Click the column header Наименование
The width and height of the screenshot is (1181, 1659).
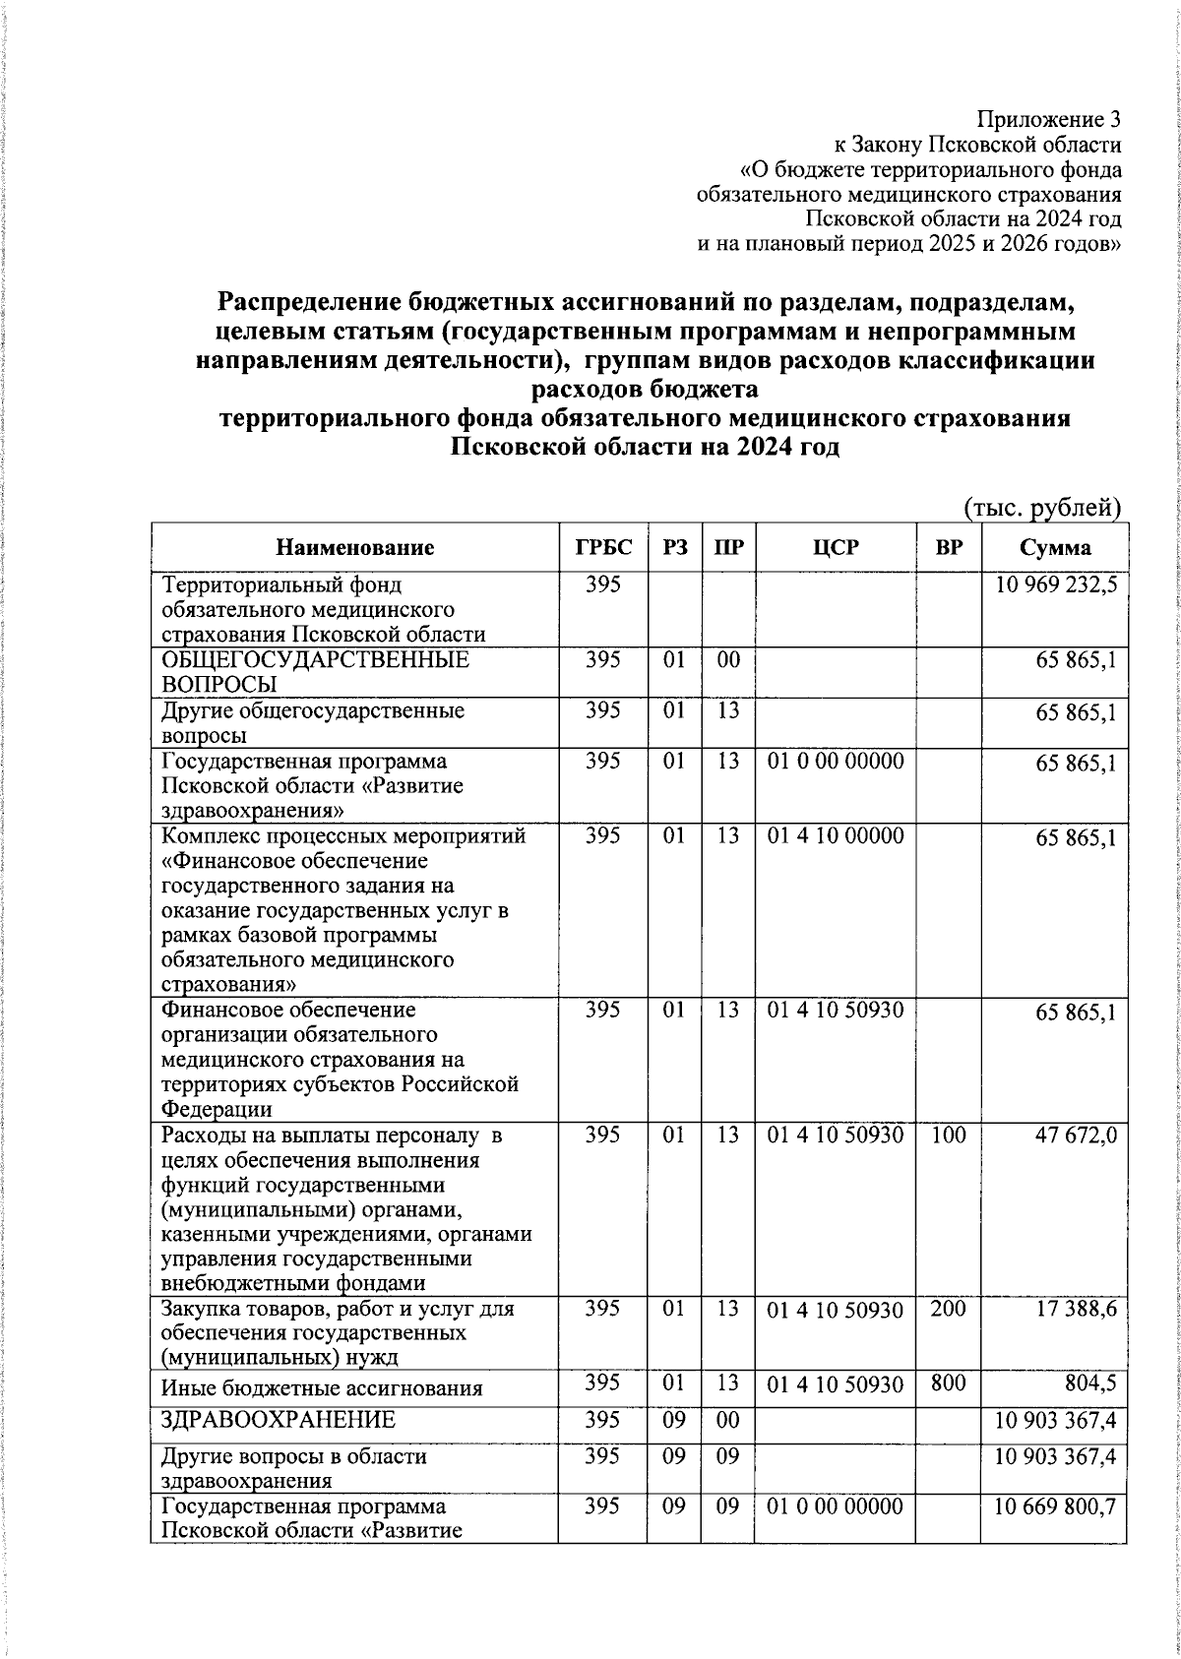(354, 548)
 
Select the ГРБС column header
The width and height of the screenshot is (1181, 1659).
(603, 548)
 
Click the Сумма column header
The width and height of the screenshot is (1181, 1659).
(1054, 548)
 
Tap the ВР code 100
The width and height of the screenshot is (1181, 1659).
(948, 1135)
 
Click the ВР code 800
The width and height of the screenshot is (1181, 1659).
(948, 1383)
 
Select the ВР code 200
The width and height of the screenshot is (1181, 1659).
(948, 1309)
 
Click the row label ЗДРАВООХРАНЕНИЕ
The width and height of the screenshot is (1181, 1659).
(279, 1420)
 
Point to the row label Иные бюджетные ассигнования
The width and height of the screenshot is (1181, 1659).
(322, 1388)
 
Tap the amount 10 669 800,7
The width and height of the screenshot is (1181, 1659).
(1055, 1507)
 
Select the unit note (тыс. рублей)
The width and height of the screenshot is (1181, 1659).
(1042, 507)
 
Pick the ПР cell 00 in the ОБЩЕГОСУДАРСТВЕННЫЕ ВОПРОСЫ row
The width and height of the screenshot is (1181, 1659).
(727, 659)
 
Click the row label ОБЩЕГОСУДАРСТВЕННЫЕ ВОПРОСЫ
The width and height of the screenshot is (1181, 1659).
(315, 671)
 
